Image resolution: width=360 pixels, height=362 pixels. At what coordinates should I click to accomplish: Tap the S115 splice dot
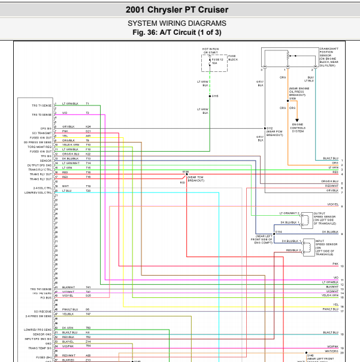pyautogui.click(x=210, y=96)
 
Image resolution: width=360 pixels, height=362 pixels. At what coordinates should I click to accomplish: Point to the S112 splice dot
pyautogui.click(x=264, y=128)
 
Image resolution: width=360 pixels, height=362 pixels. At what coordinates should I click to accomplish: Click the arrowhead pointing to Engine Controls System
pyautogui.click(x=296, y=121)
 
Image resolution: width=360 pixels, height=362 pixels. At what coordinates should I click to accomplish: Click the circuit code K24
pyautogui.click(x=88, y=127)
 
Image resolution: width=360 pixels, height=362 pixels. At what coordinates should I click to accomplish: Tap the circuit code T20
pyautogui.click(x=88, y=191)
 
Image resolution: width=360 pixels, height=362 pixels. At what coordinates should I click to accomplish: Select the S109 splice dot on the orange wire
pyautogui.click(x=292, y=100)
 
